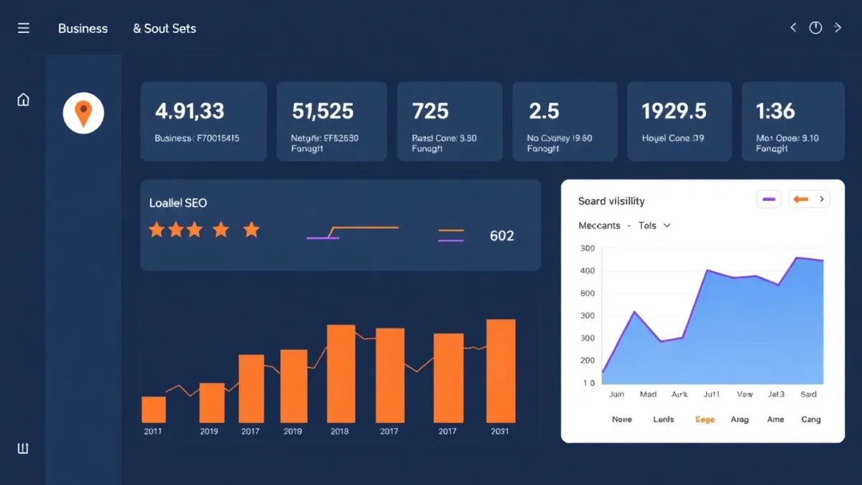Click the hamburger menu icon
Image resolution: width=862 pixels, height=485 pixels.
(x=24, y=28)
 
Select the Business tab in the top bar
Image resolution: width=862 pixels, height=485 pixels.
(x=83, y=29)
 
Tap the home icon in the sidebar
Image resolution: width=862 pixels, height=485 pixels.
(x=23, y=100)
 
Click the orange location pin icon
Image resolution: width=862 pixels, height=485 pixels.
(x=83, y=114)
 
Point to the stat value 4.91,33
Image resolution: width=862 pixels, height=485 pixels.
(x=190, y=111)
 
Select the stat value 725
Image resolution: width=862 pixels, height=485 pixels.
(x=430, y=111)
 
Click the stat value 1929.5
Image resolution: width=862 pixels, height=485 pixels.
(x=674, y=111)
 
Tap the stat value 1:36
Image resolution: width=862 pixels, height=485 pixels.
(x=775, y=111)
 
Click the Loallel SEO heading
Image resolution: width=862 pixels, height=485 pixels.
(x=178, y=203)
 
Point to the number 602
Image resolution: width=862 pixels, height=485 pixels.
(x=501, y=236)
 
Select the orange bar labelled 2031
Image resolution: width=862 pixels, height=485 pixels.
(x=501, y=371)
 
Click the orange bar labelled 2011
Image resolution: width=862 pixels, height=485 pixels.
(x=154, y=409)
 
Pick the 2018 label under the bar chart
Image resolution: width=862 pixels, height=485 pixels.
(x=339, y=431)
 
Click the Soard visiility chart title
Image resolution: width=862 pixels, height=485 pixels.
(x=611, y=201)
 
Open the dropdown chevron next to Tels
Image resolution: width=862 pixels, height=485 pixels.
(x=667, y=226)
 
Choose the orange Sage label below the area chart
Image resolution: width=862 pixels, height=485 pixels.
(x=705, y=420)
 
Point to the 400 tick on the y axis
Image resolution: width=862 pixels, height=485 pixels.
(x=587, y=271)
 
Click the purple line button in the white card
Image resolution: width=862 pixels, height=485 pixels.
(x=769, y=200)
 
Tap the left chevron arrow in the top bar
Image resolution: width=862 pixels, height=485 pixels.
(x=793, y=28)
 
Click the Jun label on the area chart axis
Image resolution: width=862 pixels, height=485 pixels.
(x=616, y=394)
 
